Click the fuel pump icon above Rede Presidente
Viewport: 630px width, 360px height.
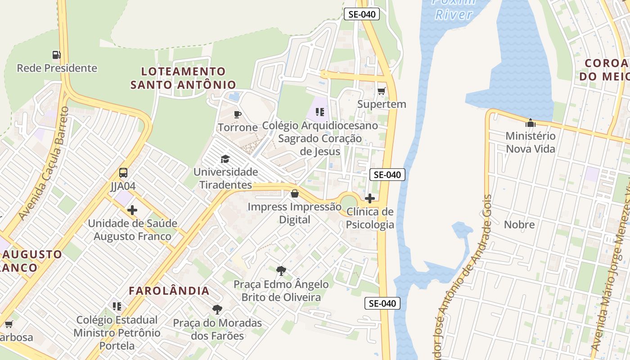click(x=56, y=55)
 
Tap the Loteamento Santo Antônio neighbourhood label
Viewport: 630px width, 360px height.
click(x=183, y=78)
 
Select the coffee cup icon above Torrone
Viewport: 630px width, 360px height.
click(x=238, y=114)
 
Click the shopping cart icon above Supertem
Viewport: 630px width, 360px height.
click(x=382, y=91)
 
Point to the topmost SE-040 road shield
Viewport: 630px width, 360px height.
click(x=362, y=14)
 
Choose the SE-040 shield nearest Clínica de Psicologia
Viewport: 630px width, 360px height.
click(x=387, y=175)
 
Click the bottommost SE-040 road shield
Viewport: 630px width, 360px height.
click(x=382, y=303)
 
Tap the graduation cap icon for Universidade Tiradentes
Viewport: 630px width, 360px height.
click(x=225, y=159)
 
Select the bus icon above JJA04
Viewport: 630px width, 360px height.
click(x=123, y=173)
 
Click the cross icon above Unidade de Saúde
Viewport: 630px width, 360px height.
click(x=132, y=210)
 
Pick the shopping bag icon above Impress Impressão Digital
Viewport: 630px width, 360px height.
click(x=295, y=193)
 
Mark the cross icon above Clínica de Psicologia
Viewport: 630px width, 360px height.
click(x=370, y=198)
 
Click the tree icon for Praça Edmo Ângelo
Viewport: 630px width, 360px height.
click(x=281, y=271)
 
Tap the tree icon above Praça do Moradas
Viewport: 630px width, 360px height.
click(x=217, y=310)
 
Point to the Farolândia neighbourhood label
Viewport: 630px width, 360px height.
click(x=169, y=291)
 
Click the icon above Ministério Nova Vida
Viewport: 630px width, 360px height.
click(x=531, y=122)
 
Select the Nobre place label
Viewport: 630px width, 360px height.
click(x=519, y=225)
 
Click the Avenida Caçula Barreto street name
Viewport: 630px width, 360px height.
click(x=45, y=164)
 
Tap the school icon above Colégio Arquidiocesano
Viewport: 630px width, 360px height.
click(x=320, y=112)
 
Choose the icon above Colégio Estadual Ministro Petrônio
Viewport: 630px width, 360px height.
click(x=117, y=306)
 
